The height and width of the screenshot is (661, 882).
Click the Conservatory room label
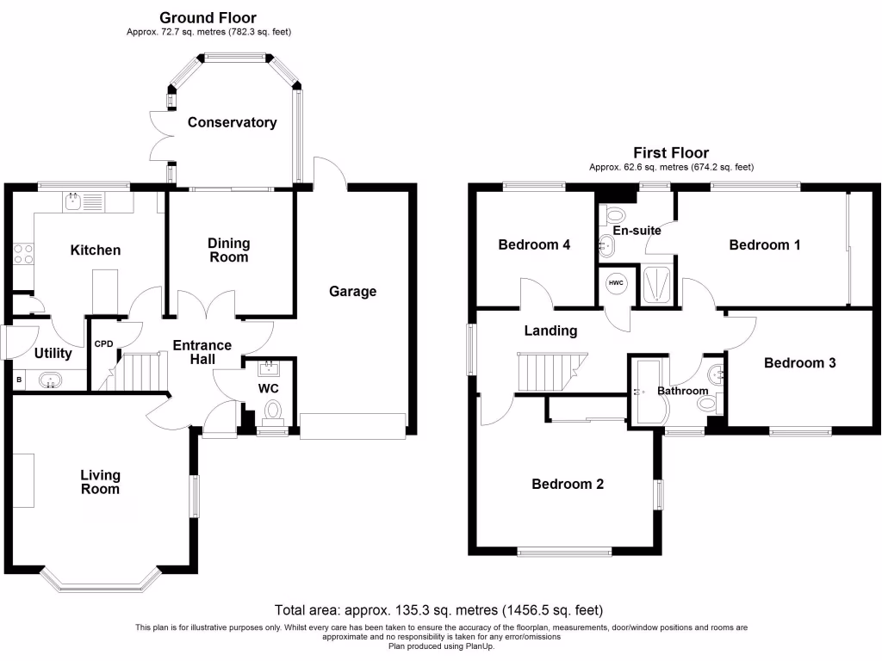pyautogui.click(x=233, y=122)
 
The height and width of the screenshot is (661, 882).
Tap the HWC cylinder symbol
pyautogui.click(x=616, y=284)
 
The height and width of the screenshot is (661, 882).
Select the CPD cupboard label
pyautogui.click(x=103, y=343)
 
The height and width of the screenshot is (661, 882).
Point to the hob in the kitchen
pyautogui.click(x=23, y=253)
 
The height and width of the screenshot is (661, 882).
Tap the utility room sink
pyautogui.click(x=51, y=380)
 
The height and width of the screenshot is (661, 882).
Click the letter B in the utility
pyautogui.click(x=18, y=380)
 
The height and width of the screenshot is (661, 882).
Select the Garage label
pyautogui.click(x=352, y=291)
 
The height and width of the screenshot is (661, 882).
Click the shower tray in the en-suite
pyautogui.click(x=657, y=284)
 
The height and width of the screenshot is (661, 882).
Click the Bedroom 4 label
pyautogui.click(x=534, y=244)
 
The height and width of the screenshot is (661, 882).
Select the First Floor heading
pyautogui.click(x=671, y=153)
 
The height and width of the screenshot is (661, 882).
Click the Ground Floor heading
pyautogui.click(x=208, y=17)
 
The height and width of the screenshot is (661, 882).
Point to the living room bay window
pyautogui.click(x=101, y=582)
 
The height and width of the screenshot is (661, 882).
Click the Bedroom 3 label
pyautogui.click(x=799, y=362)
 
